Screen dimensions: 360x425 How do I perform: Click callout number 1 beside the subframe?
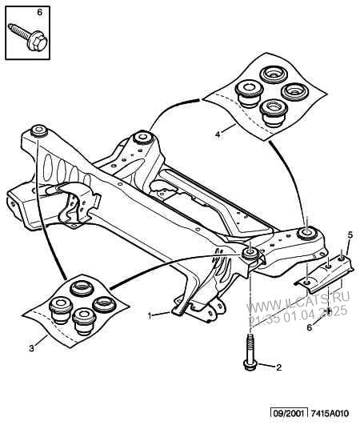pos(150,315)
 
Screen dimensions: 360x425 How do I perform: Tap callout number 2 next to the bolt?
pos(278,367)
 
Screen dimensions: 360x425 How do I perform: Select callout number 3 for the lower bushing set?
pos(32,348)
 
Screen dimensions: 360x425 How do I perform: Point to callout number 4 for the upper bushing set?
pos(218,134)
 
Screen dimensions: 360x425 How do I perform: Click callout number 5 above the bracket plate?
pos(350,235)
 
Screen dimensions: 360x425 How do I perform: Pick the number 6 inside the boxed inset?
pos(39,13)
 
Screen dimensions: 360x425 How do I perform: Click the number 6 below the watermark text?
pos(310,327)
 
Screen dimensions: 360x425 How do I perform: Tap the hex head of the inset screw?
pos(37,42)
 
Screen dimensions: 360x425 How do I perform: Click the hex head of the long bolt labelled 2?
pos(248,364)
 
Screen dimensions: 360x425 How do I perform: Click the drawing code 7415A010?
pos(330,414)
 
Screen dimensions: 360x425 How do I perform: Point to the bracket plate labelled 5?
pos(325,274)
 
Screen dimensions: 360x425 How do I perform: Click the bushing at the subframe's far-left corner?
pos(38,130)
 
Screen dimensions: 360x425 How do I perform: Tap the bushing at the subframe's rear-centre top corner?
pos(142,137)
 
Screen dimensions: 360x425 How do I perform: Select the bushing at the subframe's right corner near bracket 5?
pos(306,234)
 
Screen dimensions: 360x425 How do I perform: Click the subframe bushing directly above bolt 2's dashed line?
pos(250,254)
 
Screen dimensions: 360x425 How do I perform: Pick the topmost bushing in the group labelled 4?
pos(274,74)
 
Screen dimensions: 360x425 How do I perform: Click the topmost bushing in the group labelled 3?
pos(82,289)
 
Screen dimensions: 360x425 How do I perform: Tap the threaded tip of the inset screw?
pos(10,26)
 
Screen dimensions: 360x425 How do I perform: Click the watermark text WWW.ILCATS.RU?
pos(298,303)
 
